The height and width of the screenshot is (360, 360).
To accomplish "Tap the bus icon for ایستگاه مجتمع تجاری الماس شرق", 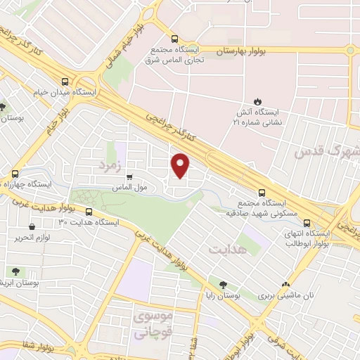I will coord(174,40).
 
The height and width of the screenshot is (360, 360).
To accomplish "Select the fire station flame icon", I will coord(258,101).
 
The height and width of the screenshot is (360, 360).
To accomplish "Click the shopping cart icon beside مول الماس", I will coord(129,177).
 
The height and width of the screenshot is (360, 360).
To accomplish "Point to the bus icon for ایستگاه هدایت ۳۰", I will coord(89,212).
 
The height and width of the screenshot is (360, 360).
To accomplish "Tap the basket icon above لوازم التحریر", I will coord(32,226).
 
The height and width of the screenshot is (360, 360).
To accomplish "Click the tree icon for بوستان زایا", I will coord(223,285).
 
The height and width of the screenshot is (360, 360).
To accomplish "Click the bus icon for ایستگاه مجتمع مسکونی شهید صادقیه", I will coord(262,191).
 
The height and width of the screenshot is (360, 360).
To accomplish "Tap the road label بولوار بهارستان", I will coord(238,51).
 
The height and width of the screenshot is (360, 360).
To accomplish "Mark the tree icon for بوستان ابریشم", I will coord(14,271).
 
